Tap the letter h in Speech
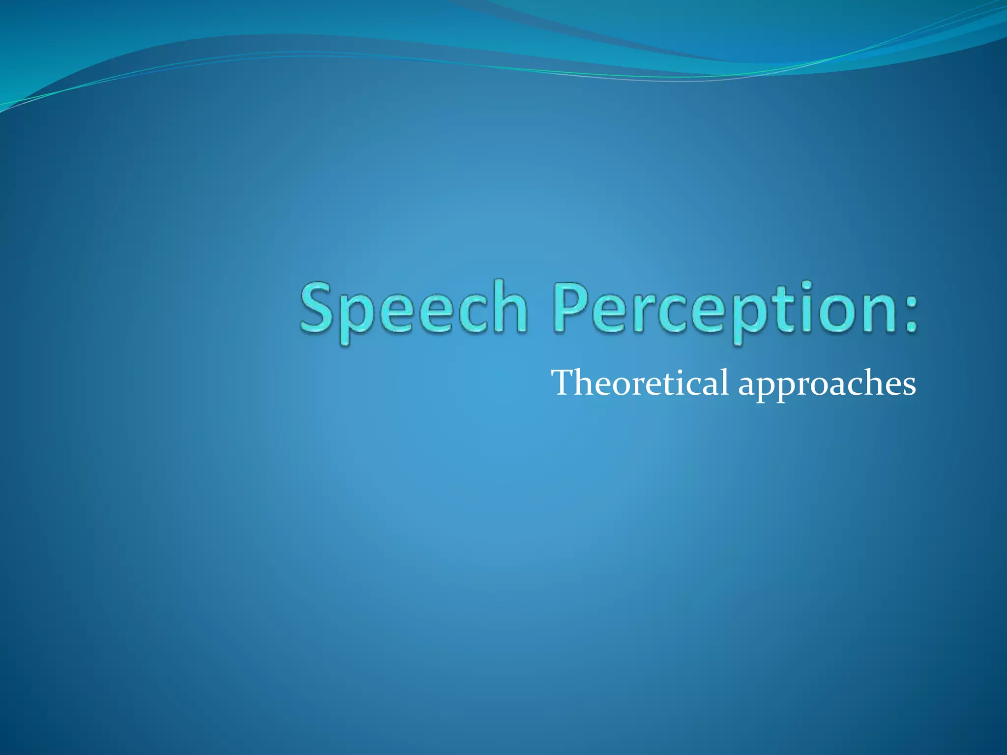pyautogui.click(x=511, y=307)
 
